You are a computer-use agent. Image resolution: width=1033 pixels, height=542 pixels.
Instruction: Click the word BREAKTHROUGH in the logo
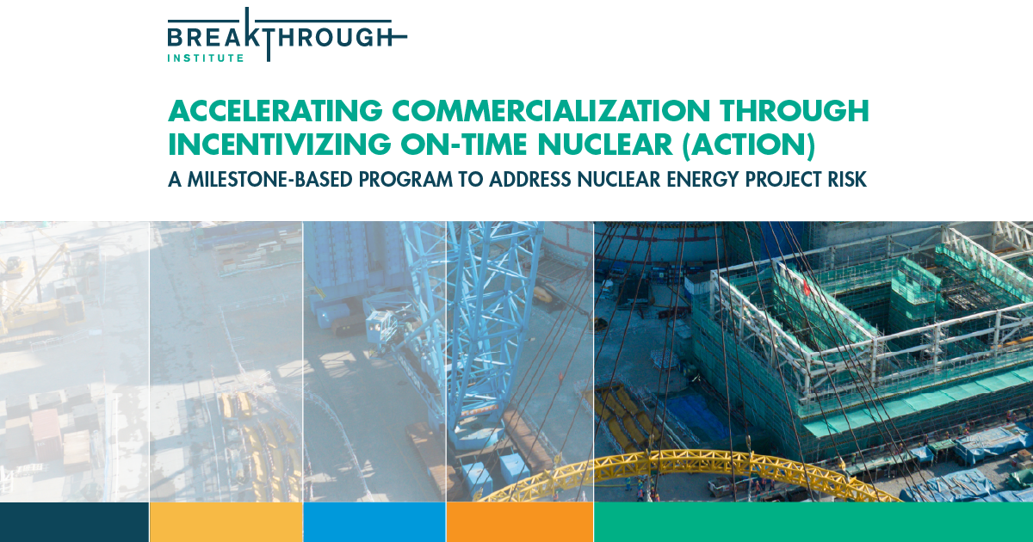pos(284,37)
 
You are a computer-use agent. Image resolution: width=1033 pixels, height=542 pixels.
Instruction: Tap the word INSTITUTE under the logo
pos(206,59)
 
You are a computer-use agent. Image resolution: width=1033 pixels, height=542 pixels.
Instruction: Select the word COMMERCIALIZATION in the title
pos(550,112)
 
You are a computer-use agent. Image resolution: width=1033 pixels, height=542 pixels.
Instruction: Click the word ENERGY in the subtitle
pos(675,181)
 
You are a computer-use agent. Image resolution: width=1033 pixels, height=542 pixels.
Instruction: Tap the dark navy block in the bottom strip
pos(74,522)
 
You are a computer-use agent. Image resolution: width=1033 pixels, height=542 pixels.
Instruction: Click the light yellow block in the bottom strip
pos(226,522)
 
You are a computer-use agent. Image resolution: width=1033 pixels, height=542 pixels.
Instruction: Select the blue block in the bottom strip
pos(374,522)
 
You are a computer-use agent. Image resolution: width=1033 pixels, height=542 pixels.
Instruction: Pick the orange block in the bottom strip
pos(519,522)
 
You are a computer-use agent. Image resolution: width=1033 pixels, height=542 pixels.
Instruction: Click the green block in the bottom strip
pos(813,522)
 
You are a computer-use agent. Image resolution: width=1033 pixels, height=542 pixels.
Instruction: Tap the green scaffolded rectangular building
pos(861,344)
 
